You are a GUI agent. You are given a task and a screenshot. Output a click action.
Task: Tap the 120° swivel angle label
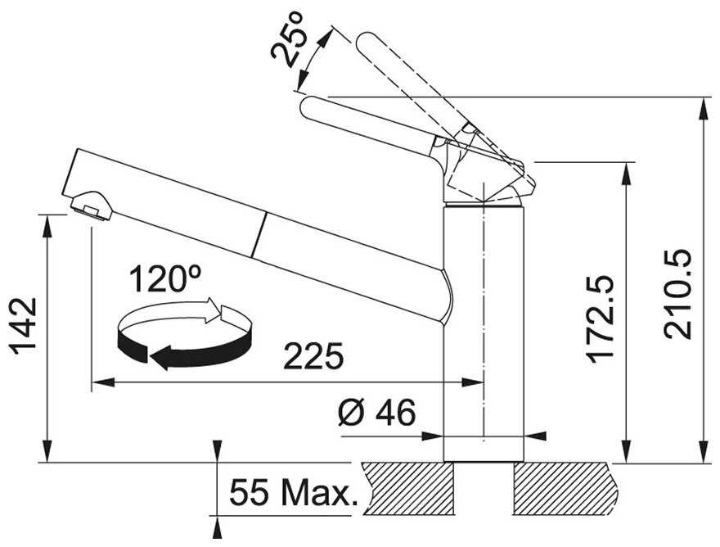pyautogui.click(x=164, y=279)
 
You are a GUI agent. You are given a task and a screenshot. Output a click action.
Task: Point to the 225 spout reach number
pyautogui.click(x=313, y=355)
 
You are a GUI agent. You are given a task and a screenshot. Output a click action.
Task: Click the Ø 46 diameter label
pyautogui.click(x=376, y=412)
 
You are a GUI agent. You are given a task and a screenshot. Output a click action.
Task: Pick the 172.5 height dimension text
pyautogui.click(x=601, y=319)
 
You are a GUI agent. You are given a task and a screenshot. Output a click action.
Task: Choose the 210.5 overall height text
pyautogui.click(x=678, y=294)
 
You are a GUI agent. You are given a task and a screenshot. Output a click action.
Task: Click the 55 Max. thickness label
pyautogui.click(x=294, y=492)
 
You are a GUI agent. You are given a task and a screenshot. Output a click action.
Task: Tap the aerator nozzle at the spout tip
pyautogui.click(x=92, y=206)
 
